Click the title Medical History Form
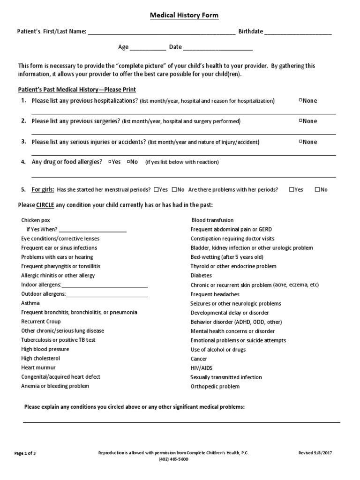pos(184,15)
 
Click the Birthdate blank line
pos(298,33)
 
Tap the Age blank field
pos(148,48)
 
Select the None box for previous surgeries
pos(300,121)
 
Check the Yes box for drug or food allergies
pos(110,162)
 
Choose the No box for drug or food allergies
pos(128,162)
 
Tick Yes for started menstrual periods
pos(156,190)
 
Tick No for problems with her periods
pos(317,190)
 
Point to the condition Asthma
pos(30,303)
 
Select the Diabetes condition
pos(201,276)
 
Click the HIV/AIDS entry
pos(202,368)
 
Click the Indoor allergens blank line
pos(105,285)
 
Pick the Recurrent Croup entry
pos(40,322)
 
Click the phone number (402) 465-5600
pos(174,459)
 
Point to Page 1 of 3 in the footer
pos(25,453)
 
